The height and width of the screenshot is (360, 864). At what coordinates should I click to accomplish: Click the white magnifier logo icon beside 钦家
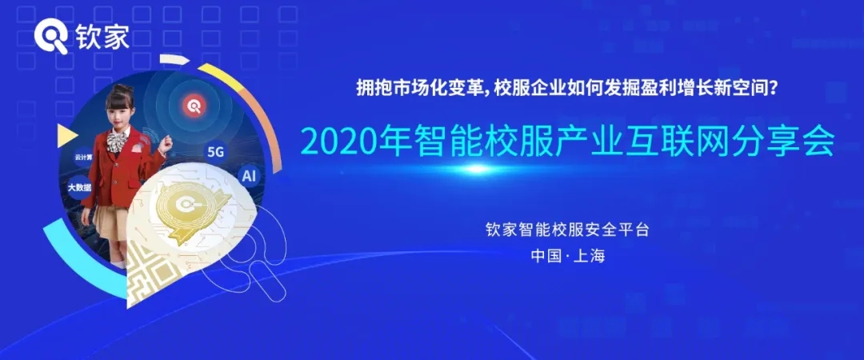[x=51, y=38]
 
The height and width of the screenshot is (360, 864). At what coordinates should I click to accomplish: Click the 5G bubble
[x=215, y=153]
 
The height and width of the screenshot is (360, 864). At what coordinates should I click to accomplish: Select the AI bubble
[x=249, y=176]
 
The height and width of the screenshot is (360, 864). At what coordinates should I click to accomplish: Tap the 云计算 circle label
[x=84, y=157]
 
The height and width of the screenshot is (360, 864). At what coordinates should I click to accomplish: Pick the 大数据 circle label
[x=79, y=187]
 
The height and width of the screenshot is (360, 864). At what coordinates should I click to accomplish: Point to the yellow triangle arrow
[x=66, y=136]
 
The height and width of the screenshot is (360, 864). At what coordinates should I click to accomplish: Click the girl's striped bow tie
[x=115, y=141]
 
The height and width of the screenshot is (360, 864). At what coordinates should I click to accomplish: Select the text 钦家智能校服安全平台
[x=567, y=230]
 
